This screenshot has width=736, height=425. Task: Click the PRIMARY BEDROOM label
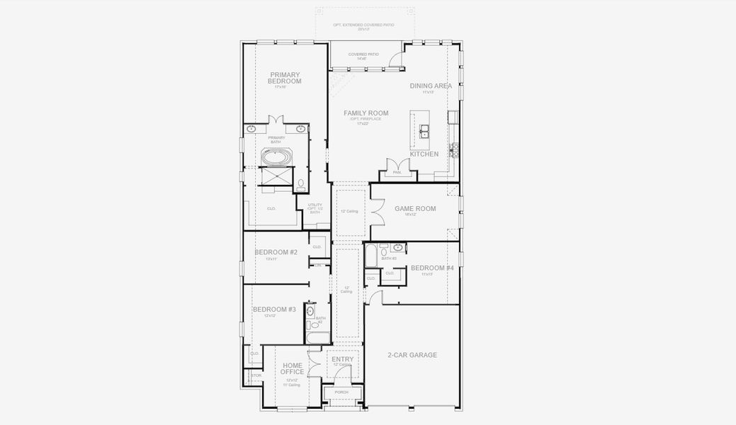click(285, 78)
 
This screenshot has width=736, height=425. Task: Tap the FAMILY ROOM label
click(366, 113)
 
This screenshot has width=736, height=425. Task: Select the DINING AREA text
click(431, 86)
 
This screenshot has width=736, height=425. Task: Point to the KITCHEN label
click(424, 154)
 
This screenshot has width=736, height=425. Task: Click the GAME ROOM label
click(415, 209)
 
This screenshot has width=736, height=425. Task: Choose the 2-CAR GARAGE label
click(412, 355)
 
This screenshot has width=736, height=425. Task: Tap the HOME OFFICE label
click(292, 368)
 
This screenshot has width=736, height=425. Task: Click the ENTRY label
click(342, 359)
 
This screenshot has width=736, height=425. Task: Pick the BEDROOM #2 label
click(276, 252)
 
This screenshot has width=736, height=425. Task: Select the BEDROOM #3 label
click(274, 310)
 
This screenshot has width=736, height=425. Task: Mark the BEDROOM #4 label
click(432, 268)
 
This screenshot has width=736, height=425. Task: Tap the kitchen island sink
click(424, 130)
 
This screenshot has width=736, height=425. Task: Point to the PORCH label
click(341, 392)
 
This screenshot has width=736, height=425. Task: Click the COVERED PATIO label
click(363, 55)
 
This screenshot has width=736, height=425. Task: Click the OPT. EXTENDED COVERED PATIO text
click(364, 25)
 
